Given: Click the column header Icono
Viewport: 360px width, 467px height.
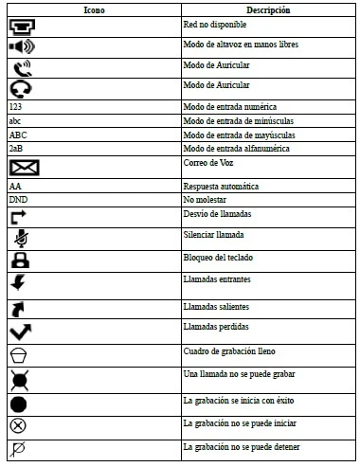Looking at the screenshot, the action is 92,9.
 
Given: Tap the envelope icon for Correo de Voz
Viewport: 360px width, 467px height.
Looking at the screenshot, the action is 24,168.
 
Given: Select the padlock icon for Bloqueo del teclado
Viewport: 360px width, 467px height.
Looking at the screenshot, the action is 20,260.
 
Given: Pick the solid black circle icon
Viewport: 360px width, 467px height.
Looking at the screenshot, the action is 20,404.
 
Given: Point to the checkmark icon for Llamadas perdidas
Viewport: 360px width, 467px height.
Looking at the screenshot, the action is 22,332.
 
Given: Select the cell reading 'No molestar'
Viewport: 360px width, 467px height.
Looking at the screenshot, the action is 206,200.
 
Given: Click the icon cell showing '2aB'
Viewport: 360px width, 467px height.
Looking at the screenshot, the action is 15,149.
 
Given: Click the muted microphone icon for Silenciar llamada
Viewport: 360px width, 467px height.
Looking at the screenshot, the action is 20,237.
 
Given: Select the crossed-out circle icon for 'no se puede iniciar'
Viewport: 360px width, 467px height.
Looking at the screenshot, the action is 18,425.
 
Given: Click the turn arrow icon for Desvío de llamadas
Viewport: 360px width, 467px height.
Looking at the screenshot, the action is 19,217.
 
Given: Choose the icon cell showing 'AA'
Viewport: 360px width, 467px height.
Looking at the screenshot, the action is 14,187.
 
